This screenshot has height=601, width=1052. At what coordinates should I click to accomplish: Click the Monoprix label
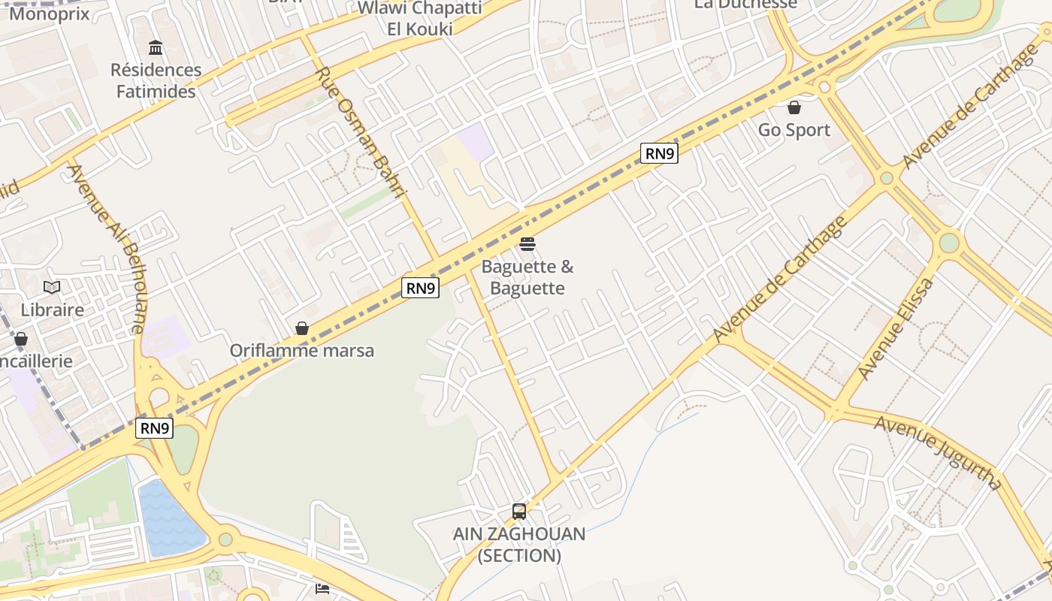click(x=49, y=13)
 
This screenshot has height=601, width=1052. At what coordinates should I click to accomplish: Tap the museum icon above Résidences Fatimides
click(x=156, y=48)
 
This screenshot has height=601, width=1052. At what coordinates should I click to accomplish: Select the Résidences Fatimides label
click(x=156, y=80)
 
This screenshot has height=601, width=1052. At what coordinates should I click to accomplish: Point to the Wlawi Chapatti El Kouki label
click(x=420, y=18)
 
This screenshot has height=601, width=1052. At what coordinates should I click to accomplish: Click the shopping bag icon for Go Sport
click(x=794, y=107)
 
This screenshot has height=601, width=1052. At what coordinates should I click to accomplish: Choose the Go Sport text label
click(x=794, y=130)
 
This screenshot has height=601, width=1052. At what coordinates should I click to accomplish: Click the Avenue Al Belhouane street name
click(x=107, y=248)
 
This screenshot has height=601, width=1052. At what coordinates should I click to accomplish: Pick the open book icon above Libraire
click(x=52, y=287)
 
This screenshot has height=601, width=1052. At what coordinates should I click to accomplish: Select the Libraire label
click(x=52, y=310)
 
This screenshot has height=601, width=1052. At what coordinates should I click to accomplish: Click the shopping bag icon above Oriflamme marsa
click(x=302, y=328)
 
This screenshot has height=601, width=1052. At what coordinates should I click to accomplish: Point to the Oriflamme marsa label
click(x=301, y=351)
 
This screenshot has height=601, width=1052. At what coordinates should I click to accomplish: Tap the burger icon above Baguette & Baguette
click(x=528, y=244)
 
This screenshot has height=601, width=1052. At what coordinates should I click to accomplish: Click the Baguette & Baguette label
click(x=528, y=277)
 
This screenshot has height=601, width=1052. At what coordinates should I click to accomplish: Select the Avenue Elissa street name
click(x=896, y=329)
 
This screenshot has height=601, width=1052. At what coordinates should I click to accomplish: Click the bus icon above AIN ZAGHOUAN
click(x=519, y=512)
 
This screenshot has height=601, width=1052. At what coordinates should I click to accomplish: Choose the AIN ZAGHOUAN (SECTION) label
click(x=519, y=545)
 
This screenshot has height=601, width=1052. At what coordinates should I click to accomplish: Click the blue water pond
click(x=169, y=518)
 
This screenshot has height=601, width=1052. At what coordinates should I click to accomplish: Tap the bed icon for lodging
click(x=322, y=588)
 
